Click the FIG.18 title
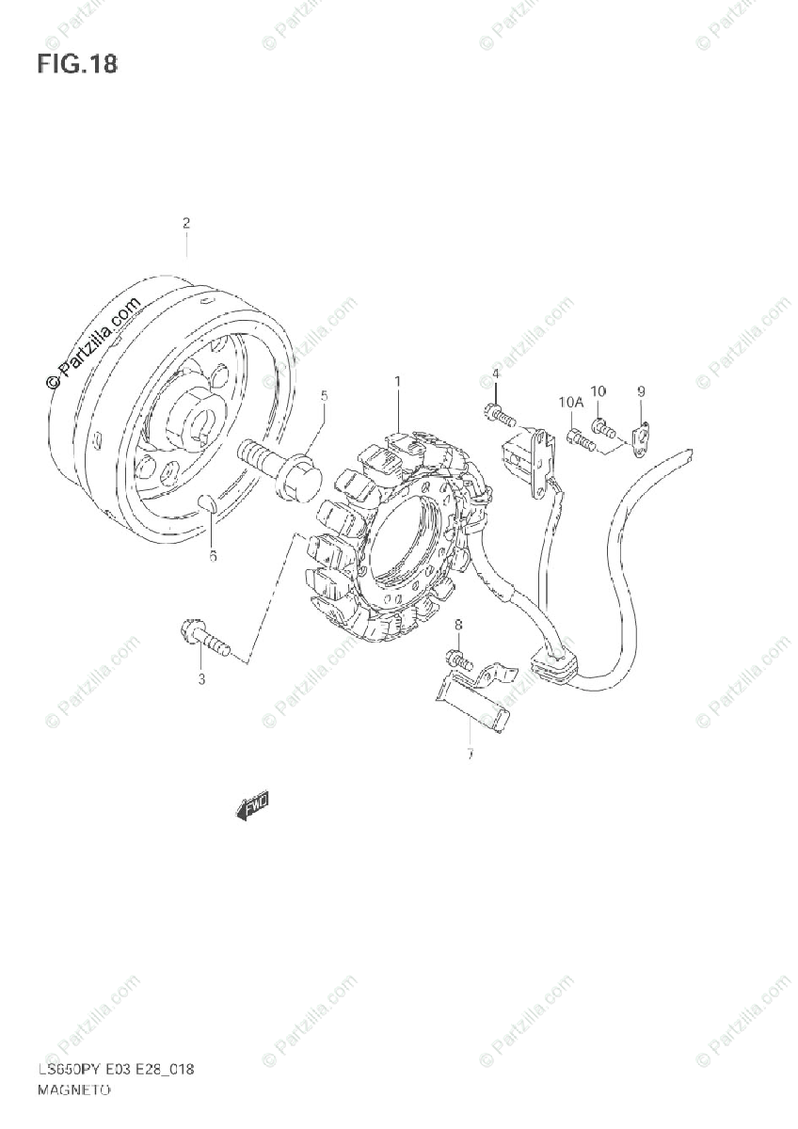77,65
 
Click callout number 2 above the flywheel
186,223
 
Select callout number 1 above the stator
397,382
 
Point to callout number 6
213,556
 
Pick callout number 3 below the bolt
200,680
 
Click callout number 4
495,374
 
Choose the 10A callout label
570,403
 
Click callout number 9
640,390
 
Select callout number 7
468,754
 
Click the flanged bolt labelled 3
201,640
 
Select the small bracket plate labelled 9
642,438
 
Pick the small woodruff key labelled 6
210,504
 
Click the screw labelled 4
498,413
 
